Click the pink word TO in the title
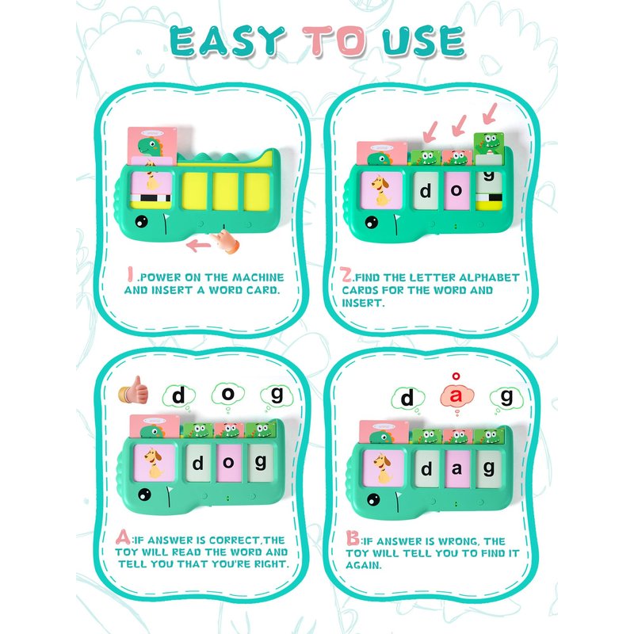[334, 41]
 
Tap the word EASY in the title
[227, 41]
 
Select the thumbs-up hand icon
[133, 390]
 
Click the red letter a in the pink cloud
[456, 395]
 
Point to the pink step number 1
[130, 273]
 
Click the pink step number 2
[346, 274]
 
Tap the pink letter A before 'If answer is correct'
[123, 537]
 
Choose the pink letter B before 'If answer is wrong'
[352, 538]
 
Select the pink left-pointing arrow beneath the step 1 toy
[198, 245]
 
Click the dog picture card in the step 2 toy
[381, 190]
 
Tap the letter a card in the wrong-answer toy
[457, 469]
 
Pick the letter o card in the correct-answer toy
[228, 463]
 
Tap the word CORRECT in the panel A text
[234, 540]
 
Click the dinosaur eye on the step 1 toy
[142, 221]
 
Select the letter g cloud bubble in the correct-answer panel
[277, 395]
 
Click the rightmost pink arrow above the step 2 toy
[490, 113]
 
